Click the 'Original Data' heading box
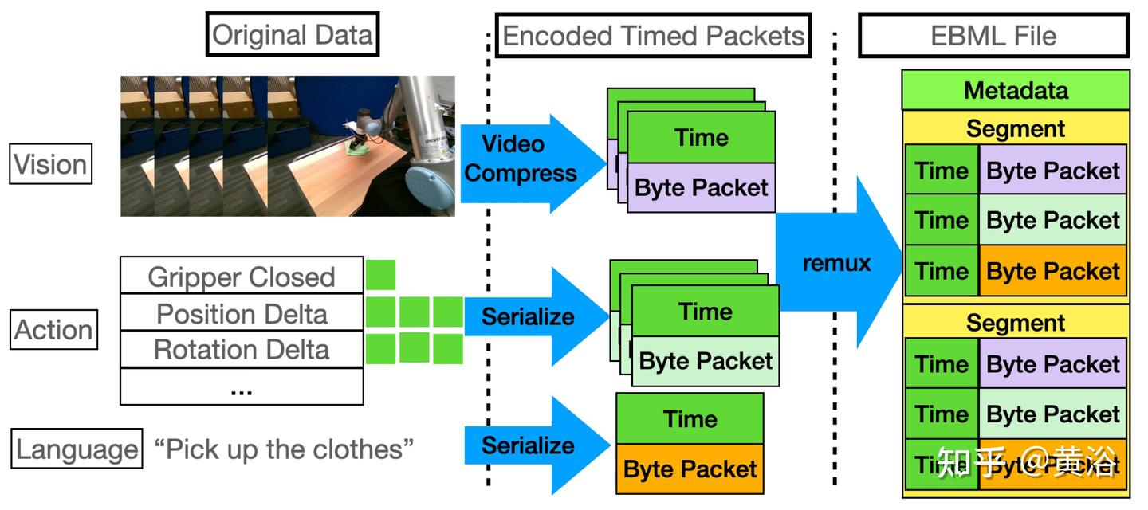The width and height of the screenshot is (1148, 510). pyautogui.click(x=293, y=35)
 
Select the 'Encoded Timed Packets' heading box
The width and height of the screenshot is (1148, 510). pyautogui.click(x=653, y=36)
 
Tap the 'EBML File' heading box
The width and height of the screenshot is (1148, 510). pyautogui.click(x=993, y=36)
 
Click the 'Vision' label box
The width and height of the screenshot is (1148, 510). pyautogui.click(x=51, y=165)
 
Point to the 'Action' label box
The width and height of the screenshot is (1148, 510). pyautogui.click(x=54, y=330)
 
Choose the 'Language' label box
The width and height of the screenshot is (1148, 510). pyautogui.click(x=77, y=449)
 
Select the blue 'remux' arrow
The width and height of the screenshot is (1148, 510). pyautogui.click(x=837, y=263)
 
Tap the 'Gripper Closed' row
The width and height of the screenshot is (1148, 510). pyautogui.click(x=242, y=277)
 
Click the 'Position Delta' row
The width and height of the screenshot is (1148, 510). pyautogui.click(x=242, y=313)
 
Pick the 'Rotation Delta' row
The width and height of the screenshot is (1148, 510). pyautogui.click(x=242, y=349)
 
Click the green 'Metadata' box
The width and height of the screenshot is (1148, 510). pyautogui.click(x=1016, y=90)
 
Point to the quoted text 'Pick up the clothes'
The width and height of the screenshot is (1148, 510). pyautogui.click(x=284, y=449)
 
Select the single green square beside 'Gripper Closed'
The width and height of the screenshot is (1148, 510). pyautogui.click(x=380, y=275)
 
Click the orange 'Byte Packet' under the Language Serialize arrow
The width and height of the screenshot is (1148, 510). pyautogui.click(x=690, y=469)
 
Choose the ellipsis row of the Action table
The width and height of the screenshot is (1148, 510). pyautogui.click(x=242, y=388)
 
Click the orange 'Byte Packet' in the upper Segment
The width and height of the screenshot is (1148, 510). pyautogui.click(x=1052, y=271)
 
